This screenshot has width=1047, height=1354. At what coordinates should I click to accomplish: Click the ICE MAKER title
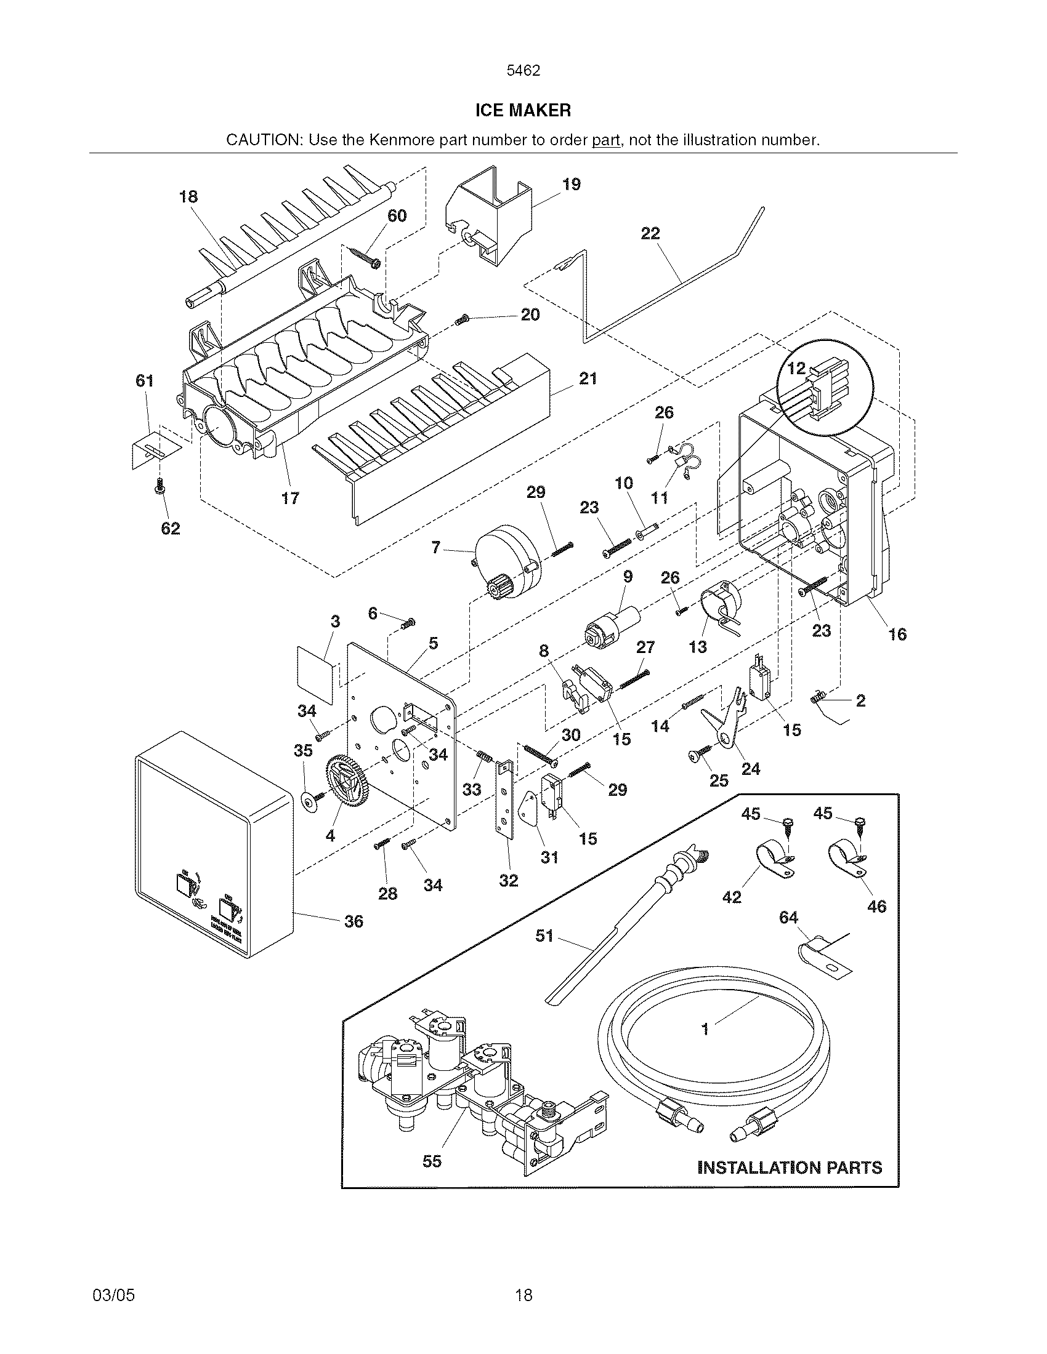(x=523, y=111)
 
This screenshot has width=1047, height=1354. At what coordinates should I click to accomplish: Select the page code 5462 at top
(x=523, y=71)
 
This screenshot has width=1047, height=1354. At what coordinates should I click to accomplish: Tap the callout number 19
(x=572, y=184)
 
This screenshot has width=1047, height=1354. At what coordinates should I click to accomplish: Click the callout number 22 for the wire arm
(x=650, y=233)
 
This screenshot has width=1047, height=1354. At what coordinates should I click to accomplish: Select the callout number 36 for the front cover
(x=354, y=921)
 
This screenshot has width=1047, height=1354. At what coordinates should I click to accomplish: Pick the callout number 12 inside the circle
(x=796, y=368)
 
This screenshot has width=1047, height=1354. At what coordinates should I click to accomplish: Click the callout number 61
(x=145, y=380)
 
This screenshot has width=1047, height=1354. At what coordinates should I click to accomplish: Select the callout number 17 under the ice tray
(x=290, y=498)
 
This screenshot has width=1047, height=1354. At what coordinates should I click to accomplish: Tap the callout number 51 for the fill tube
(x=544, y=935)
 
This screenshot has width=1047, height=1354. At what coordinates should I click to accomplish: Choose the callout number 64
(x=788, y=917)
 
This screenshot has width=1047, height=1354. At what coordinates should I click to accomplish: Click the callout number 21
(x=588, y=378)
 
